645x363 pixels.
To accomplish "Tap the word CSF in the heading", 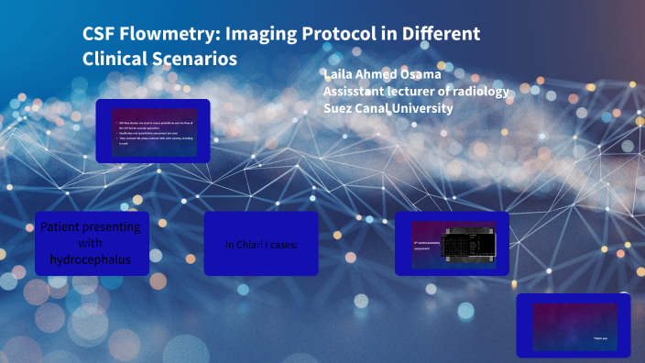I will tap(99, 35).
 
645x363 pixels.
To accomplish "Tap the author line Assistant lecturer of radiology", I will tap(415, 91).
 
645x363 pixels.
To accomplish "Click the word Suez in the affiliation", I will tap(341, 107).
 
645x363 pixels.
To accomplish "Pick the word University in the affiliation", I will tap(422, 107).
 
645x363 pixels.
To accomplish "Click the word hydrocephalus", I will tap(91, 259).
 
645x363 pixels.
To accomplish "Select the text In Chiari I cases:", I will tap(261, 245).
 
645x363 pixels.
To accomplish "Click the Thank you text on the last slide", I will tap(598, 338).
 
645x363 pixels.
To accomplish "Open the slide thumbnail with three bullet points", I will tap(152, 131).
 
